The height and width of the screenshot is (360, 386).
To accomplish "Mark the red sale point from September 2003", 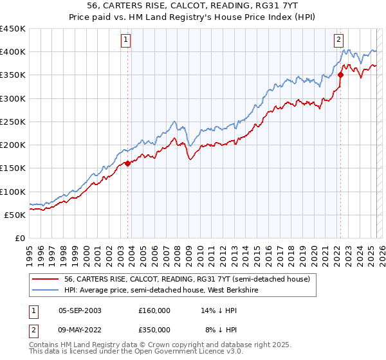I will [x=128, y=163].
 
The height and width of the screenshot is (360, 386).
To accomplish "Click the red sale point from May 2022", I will [x=341, y=75].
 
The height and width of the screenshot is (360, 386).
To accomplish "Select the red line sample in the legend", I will [x=46, y=279].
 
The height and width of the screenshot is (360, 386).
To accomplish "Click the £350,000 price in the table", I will [x=154, y=329].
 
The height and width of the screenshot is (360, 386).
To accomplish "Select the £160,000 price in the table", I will [x=154, y=310].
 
